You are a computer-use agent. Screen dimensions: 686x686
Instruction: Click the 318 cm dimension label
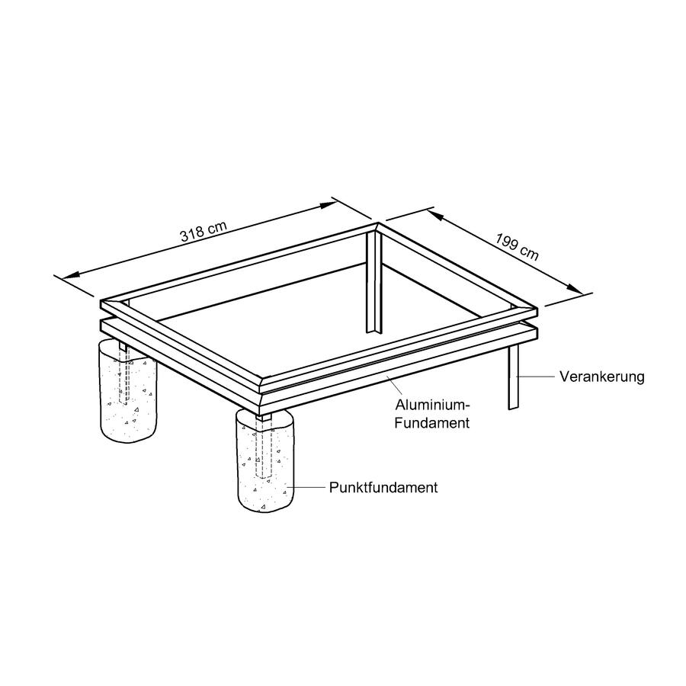coord(204,231)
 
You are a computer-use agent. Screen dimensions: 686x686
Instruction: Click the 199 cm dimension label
coord(517,247)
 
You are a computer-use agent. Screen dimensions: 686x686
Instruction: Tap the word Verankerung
coord(601,377)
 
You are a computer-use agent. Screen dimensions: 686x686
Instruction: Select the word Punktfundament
coord(383,487)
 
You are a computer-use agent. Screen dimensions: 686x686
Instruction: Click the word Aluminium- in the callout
coord(432,405)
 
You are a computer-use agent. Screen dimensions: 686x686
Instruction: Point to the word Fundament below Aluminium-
coord(432,423)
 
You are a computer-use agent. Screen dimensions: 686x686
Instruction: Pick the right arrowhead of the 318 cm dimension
coord(327,204)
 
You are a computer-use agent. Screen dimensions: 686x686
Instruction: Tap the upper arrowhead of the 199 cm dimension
coord(436,214)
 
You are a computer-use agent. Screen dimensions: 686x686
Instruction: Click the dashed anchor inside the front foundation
coord(265,450)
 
